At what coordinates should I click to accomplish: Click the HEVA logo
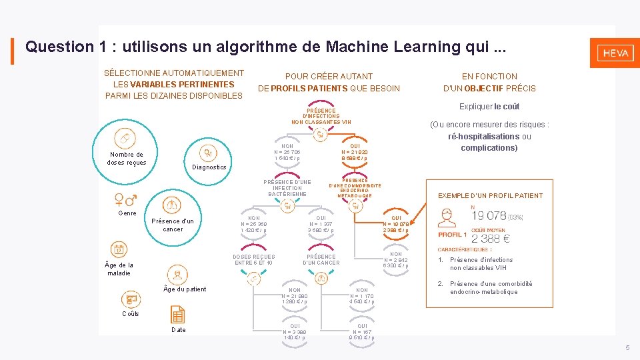point(615,53)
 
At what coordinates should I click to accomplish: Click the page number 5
point(627,348)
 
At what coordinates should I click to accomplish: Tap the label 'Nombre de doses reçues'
point(127,159)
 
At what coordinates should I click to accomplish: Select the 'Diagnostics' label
point(209,167)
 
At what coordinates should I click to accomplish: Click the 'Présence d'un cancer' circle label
point(173,225)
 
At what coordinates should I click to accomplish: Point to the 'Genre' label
point(127,213)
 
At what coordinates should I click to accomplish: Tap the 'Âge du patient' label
point(185,289)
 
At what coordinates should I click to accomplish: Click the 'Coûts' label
point(131,314)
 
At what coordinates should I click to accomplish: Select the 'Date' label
point(179,330)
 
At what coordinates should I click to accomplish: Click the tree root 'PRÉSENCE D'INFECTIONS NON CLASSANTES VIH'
point(321,116)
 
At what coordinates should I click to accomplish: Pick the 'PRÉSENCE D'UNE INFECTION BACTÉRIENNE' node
point(287,188)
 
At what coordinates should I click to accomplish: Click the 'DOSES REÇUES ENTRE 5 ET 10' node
point(253,259)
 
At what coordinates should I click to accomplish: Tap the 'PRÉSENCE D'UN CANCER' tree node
point(321,259)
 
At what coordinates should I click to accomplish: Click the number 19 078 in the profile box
point(497,215)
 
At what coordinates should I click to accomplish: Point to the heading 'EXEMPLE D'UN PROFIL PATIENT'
point(490,195)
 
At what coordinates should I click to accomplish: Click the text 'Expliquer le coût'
point(489,107)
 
